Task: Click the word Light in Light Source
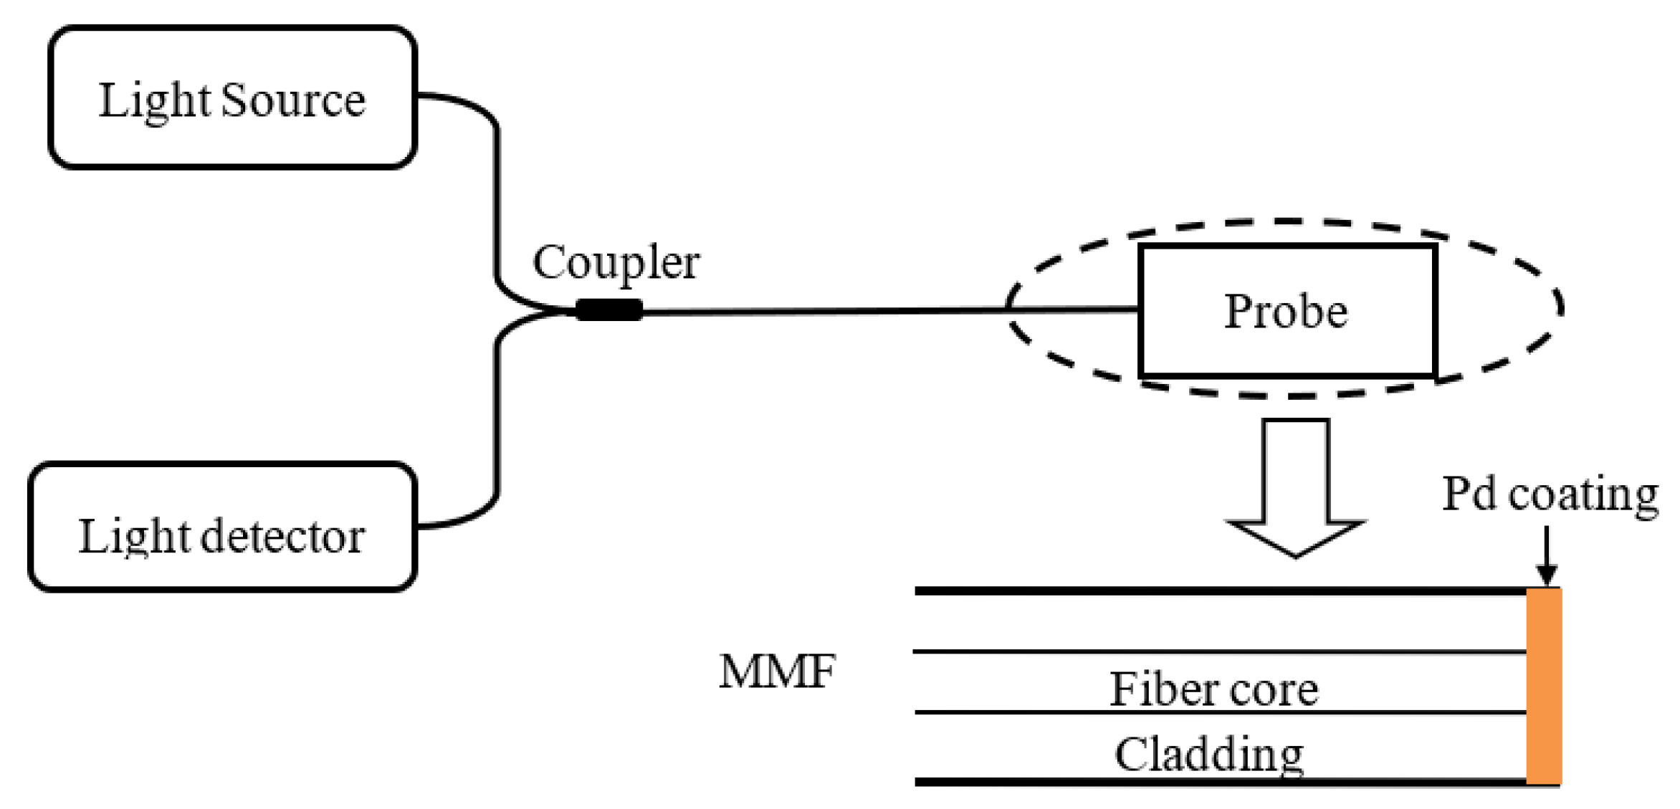[x=154, y=102]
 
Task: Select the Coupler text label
[x=616, y=263]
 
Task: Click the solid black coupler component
[x=609, y=310]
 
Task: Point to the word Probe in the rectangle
[x=1286, y=312]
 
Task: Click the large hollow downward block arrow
[x=1295, y=487]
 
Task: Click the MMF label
[x=777, y=672]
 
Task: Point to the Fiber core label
[x=1213, y=690]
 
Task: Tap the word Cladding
[x=1209, y=755]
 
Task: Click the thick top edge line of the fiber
[x=1218, y=591]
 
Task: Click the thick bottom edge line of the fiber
[x=1218, y=782]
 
